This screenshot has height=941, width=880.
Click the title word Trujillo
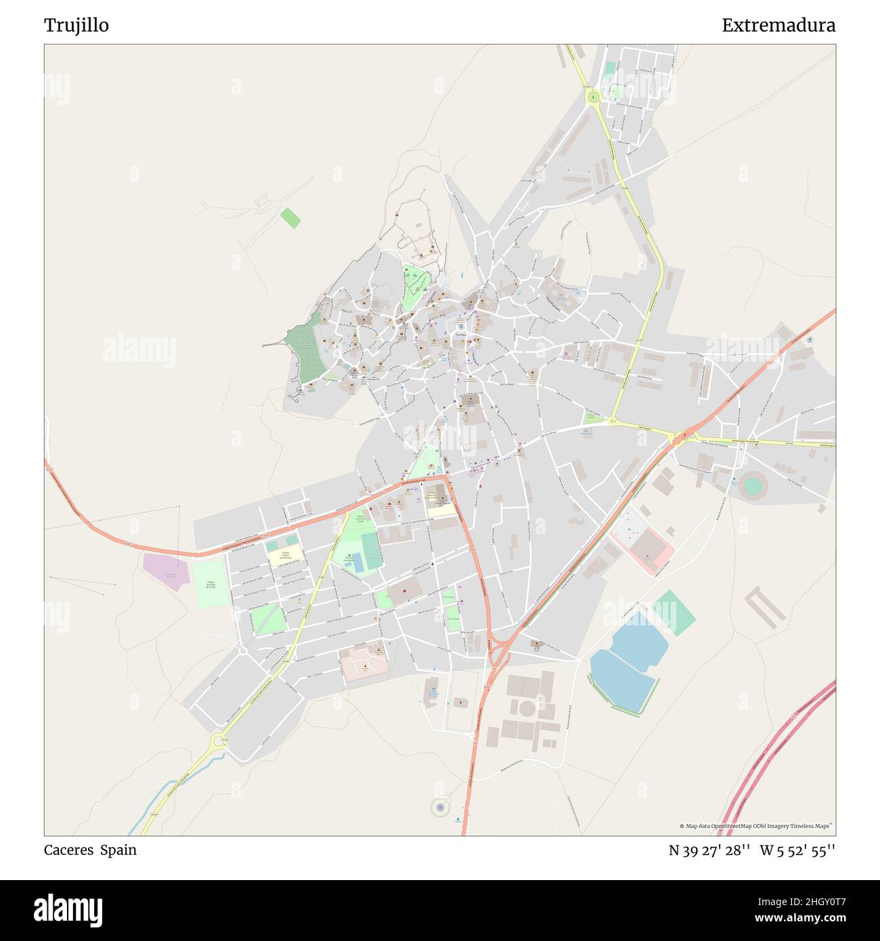[76, 26]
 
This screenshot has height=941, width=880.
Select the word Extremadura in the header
[778, 26]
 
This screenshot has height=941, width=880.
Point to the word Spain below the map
[118, 850]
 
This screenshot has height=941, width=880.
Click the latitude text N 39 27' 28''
[709, 851]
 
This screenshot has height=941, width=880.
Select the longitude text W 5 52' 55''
[797, 851]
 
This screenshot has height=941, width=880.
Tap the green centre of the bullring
[752, 485]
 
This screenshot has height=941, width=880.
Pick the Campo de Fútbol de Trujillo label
[212, 584]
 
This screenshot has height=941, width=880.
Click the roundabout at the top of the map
[594, 97]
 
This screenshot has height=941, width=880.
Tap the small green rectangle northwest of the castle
[290, 218]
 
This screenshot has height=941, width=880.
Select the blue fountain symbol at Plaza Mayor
[460, 327]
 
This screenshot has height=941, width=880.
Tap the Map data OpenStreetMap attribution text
[757, 826]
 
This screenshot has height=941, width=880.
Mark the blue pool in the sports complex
[357, 562]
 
